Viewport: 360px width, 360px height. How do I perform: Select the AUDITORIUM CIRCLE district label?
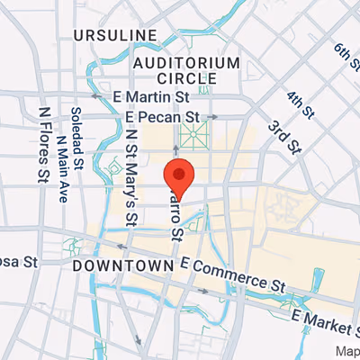tap(186, 71)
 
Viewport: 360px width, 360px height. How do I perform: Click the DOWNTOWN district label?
tap(122, 267)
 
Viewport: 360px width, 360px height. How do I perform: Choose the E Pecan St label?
tap(162, 117)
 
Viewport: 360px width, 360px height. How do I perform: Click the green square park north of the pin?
tap(190, 136)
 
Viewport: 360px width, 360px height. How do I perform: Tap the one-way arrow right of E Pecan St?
tap(212, 117)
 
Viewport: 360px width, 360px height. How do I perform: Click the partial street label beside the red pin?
tap(175, 216)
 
